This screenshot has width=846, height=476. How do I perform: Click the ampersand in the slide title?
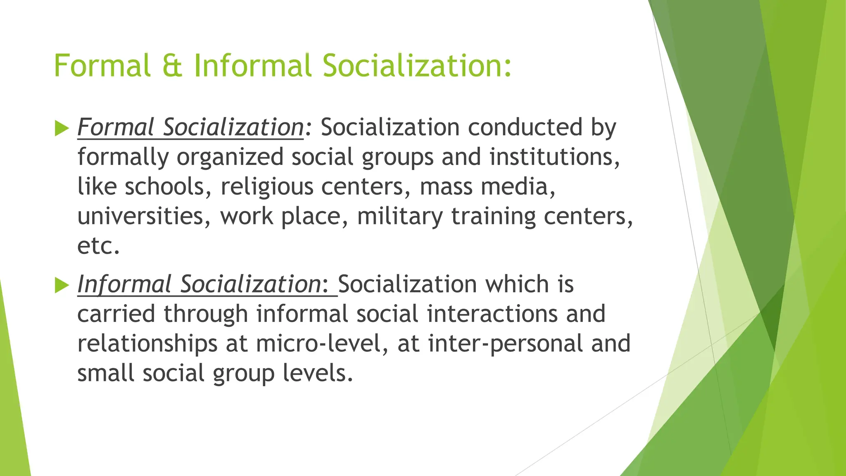[172, 66]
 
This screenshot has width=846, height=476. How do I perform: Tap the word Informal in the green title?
[253, 66]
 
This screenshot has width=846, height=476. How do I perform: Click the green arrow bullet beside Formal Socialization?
[62, 129]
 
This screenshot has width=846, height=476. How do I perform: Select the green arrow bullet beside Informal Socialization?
[62, 286]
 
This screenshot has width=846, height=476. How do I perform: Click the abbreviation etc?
[98, 246]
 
